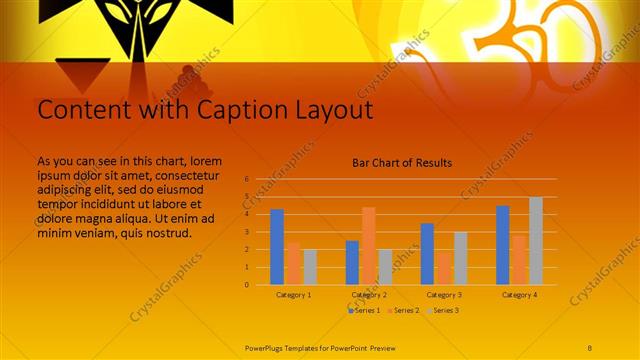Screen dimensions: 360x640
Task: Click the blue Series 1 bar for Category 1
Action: pos(277,247)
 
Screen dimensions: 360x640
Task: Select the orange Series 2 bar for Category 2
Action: pos(368,246)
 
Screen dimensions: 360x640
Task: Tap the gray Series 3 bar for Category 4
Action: pos(536,241)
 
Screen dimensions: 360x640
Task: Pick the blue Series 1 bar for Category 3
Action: pos(427,254)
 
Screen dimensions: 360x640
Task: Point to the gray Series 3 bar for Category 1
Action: pos(310,267)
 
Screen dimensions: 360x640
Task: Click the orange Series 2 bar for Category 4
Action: pos(519,260)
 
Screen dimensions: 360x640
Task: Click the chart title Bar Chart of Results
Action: pos(402,162)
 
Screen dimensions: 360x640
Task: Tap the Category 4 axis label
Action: pos(519,295)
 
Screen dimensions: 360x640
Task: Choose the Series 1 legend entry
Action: pos(365,311)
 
